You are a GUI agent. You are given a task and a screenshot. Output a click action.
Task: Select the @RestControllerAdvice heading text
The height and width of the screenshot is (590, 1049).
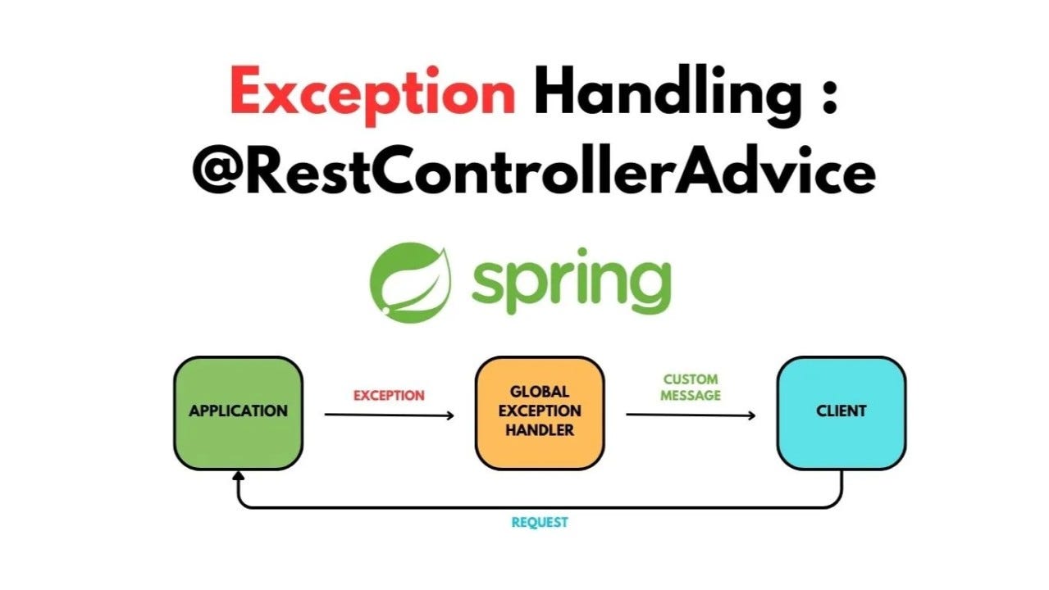[x=533, y=172]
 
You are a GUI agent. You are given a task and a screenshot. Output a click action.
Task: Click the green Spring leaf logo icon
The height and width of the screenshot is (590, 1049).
[x=410, y=281]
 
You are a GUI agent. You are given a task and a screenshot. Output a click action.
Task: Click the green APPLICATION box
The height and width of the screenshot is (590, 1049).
[x=238, y=412]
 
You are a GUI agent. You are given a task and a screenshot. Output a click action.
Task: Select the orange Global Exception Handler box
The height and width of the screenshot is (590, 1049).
[x=540, y=412]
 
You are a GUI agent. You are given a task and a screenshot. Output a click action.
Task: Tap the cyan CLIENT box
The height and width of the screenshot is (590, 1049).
[x=841, y=412]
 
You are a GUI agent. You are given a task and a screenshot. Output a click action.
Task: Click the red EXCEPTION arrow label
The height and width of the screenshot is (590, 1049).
[x=389, y=396]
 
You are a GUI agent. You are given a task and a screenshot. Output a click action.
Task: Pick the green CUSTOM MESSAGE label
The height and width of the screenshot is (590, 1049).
[x=691, y=388]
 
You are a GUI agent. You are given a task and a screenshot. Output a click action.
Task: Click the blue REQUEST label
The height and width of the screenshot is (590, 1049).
[x=540, y=523]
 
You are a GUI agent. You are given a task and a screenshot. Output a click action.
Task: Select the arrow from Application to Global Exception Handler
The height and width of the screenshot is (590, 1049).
[x=389, y=415]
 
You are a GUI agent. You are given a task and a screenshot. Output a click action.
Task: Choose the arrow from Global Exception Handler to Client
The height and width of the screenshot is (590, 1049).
[x=691, y=415]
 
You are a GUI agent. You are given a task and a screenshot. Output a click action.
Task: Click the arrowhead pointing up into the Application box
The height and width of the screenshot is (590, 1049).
[x=238, y=476]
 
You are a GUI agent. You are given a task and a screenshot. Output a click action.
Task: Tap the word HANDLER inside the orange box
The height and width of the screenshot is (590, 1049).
[x=540, y=429]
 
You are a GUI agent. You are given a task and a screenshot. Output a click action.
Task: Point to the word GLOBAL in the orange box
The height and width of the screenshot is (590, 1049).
[x=540, y=392]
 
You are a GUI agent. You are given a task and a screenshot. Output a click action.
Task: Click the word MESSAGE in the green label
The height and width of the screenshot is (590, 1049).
[x=691, y=396]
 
